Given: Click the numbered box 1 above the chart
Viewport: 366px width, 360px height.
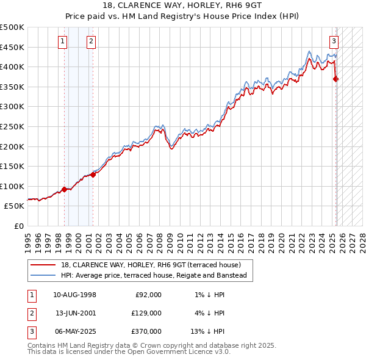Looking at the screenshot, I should (x=63, y=41).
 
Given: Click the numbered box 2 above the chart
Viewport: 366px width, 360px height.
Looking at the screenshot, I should (x=91, y=41).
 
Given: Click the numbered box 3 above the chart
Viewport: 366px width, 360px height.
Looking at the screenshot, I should (x=334, y=41).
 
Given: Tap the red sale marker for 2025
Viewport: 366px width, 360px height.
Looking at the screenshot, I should (x=336, y=79).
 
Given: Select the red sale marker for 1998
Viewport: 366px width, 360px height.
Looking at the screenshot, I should (x=64, y=189).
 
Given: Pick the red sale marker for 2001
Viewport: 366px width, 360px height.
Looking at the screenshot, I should (x=93, y=175).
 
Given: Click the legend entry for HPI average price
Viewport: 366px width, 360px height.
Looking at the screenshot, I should (x=153, y=275).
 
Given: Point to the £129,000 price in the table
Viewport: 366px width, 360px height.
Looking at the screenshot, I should (x=147, y=313).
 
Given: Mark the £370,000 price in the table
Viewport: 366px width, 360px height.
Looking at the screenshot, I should (x=147, y=331).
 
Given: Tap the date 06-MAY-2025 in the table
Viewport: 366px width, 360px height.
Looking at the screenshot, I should (x=74, y=331).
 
